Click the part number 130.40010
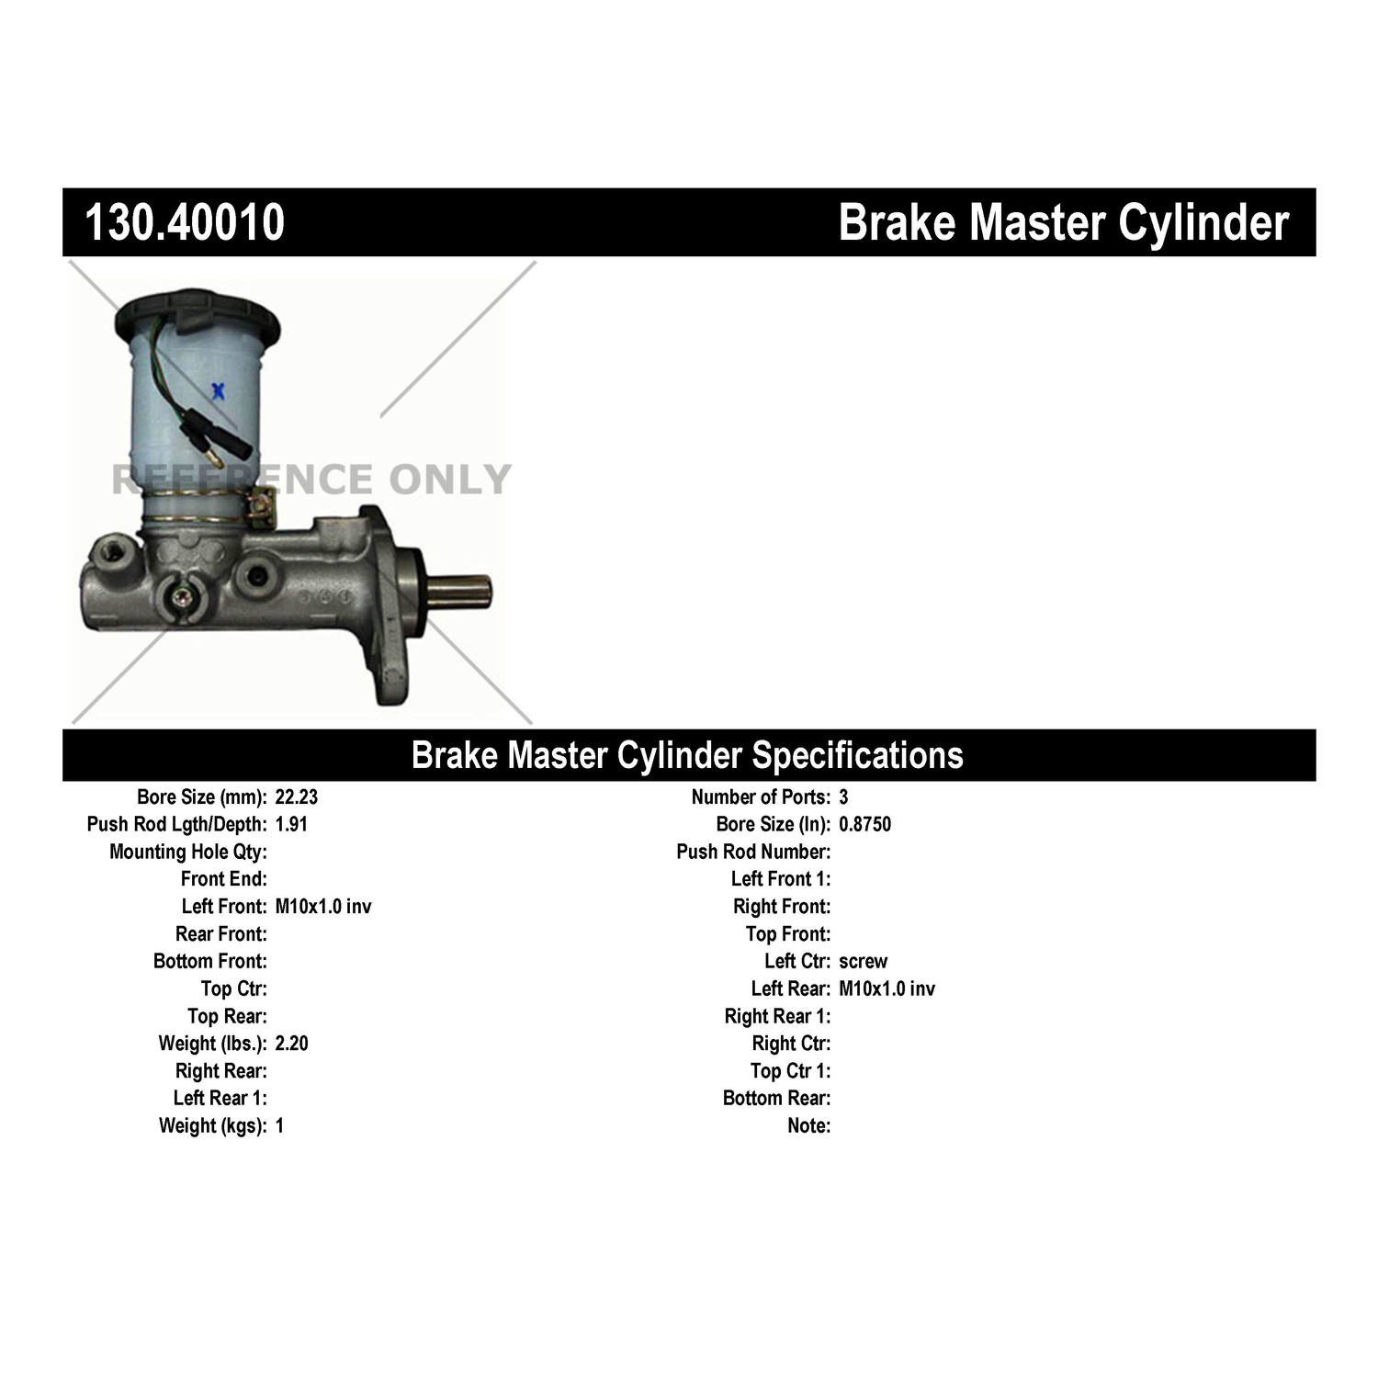click(x=185, y=222)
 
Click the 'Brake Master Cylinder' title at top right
click(x=1064, y=223)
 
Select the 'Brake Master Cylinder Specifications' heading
click(x=687, y=755)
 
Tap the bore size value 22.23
click(x=297, y=797)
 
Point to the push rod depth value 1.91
click(x=291, y=824)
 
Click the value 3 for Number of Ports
click(x=843, y=797)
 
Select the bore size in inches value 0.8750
click(x=864, y=824)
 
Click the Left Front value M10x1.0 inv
click(x=323, y=907)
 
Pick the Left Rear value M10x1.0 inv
click(x=887, y=988)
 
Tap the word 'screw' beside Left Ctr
click(x=863, y=962)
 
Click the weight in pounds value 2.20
click(x=291, y=1044)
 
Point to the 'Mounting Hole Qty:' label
click(x=188, y=853)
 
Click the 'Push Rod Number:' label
click(x=753, y=852)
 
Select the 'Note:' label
click(x=809, y=1125)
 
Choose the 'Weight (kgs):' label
click(x=213, y=1126)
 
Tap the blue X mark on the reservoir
click(x=219, y=392)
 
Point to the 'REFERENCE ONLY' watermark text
click(x=311, y=480)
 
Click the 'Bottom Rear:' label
click(x=776, y=1099)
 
